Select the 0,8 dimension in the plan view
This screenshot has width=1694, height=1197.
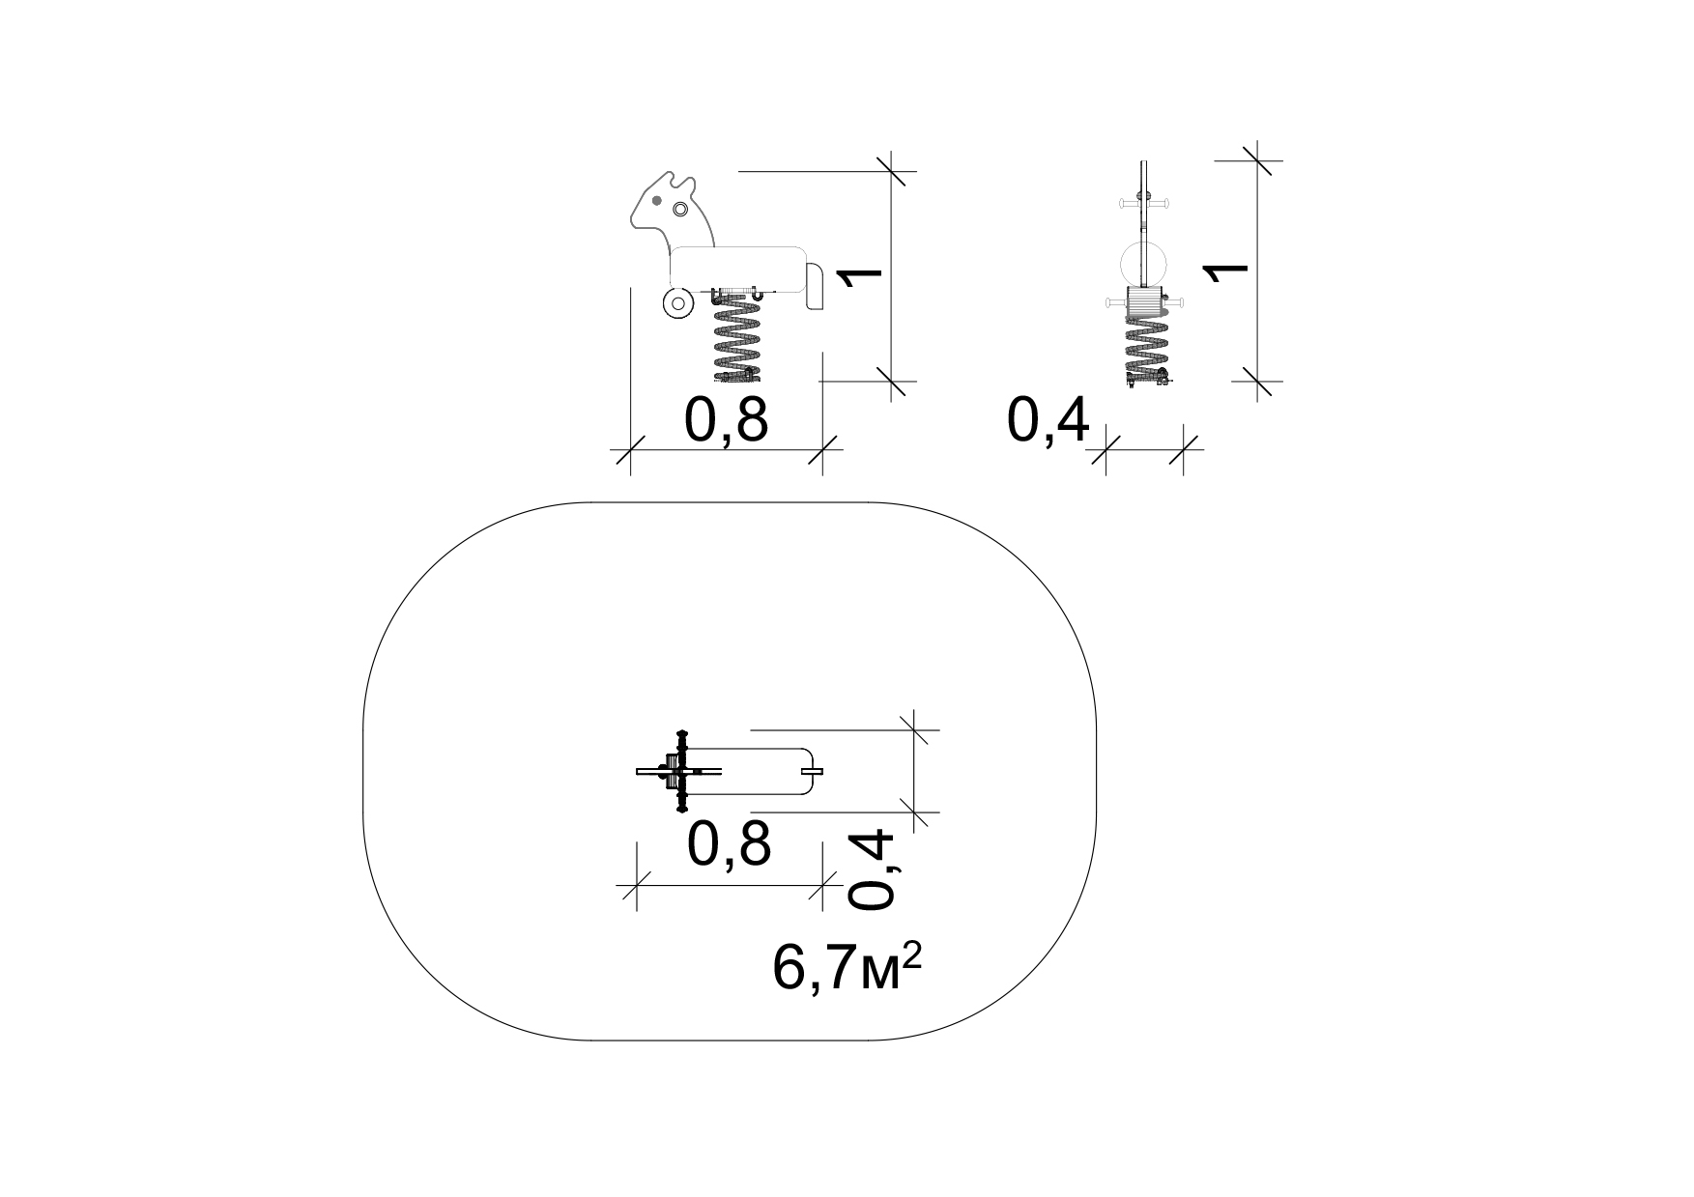[730, 844]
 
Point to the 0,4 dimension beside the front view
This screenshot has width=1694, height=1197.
[1048, 421]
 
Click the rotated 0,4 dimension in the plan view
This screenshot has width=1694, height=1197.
[873, 870]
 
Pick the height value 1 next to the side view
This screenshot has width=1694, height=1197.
[860, 276]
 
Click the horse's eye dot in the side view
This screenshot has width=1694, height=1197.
[656, 201]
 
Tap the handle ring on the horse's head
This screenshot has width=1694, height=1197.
[678, 210]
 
